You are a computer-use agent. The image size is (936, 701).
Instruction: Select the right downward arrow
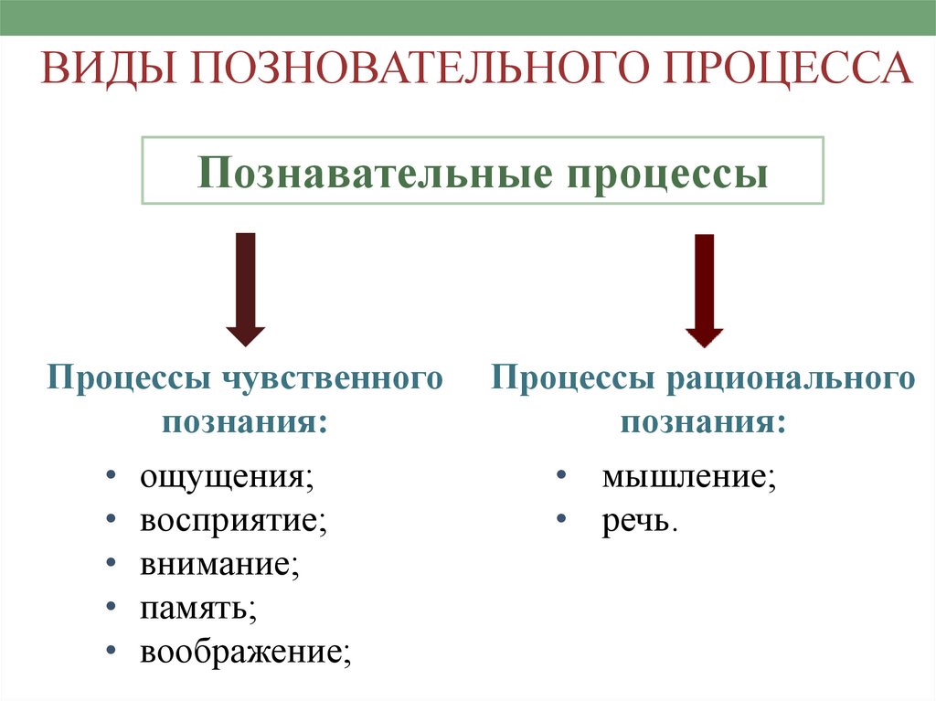704,290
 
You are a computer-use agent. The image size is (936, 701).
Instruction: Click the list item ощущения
223,477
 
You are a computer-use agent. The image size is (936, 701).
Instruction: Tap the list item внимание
218,565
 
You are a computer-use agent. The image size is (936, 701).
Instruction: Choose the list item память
196,609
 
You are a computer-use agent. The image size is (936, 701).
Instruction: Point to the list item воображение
244,653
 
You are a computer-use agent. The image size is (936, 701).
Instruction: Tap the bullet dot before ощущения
110,476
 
